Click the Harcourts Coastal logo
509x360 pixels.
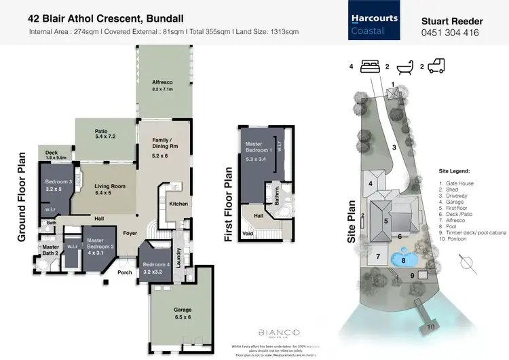click(373, 23)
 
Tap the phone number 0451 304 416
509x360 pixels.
click(451, 33)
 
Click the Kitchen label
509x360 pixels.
click(178, 204)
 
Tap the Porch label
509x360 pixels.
click(125, 272)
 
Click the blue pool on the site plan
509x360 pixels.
click(403, 259)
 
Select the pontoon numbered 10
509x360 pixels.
click(431, 327)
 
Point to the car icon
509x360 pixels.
click(436, 67)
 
